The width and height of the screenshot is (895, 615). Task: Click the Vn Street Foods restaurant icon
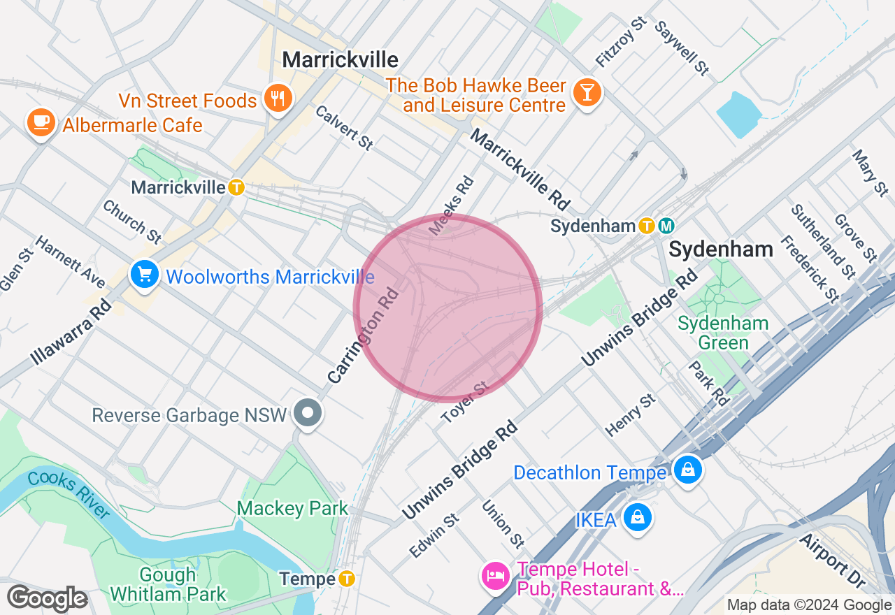click(x=278, y=99)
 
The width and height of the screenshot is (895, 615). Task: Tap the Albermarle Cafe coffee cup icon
click(x=41, y=122)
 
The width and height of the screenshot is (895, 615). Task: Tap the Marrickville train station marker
click(x=236, y=187)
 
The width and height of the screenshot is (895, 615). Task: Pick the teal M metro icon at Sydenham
click(x=666, y=226)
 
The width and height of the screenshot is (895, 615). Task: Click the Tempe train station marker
click(x=347, y=579)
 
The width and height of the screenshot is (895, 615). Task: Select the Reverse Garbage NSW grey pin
click(x=307, y=412)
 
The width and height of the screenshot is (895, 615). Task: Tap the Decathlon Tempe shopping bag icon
click(x=688, y=470)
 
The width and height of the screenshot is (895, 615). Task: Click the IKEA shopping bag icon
click(x=638, y=518)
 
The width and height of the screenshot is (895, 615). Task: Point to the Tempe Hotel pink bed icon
click(x=496, y=576)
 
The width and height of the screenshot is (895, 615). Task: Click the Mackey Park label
click(x=292, y=508)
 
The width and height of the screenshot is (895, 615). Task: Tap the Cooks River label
click(x=70, y=495)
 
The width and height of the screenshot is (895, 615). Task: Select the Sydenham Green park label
click(x=723, y=333)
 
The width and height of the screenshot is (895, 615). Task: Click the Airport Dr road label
click(x=832, y=561)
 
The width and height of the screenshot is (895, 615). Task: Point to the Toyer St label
click(x=464, y=403)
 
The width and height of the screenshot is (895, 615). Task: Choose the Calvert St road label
click(x=343, y=128)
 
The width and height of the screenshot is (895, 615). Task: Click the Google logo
click(x=47, y=599)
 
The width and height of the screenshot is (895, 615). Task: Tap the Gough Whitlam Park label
click(x=169, y=585)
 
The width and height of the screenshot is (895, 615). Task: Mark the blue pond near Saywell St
click(x=739, y=113)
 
